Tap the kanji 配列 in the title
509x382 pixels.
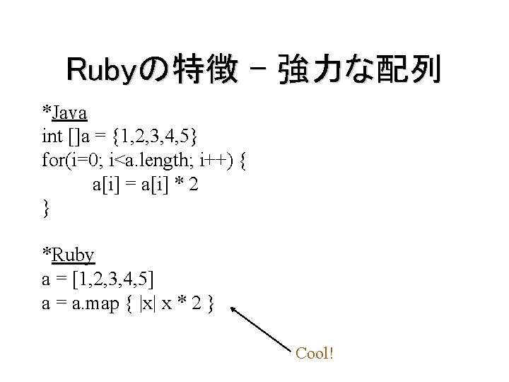(408, 71)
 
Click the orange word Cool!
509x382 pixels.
(314, 352)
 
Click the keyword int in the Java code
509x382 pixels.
(52, 137)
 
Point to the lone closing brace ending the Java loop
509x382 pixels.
(46, 208)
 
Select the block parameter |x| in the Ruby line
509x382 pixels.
(148, 303)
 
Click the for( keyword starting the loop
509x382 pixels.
(56, 161)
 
